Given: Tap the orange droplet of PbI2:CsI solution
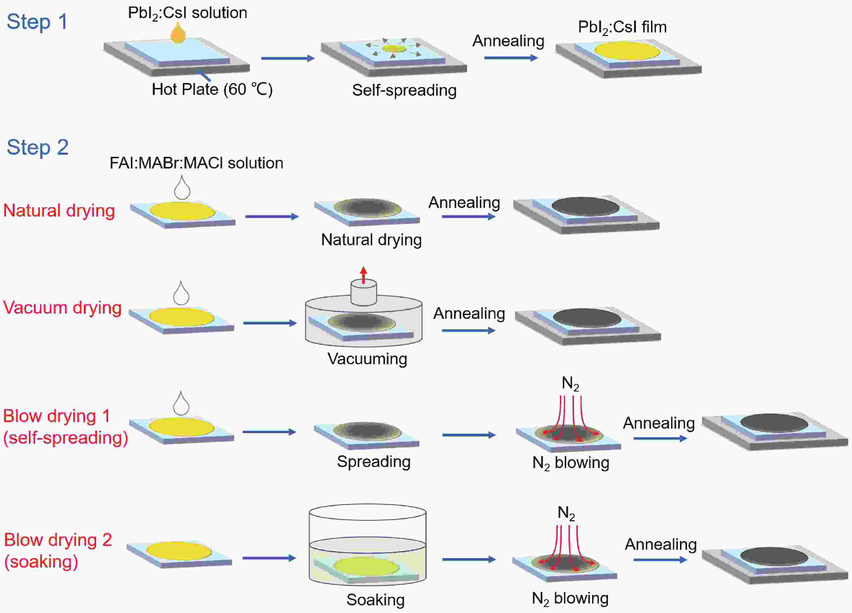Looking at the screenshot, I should [x=178, y=34].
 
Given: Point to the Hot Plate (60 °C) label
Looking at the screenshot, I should [x=212, y=90].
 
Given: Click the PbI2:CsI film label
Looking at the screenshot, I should [x=622, y=27].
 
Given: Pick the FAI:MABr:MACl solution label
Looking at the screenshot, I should [x=196, y=163].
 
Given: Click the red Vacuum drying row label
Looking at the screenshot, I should [x=62, y=308].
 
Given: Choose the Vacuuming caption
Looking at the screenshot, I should [x=367, y=359].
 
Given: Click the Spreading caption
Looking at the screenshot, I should [x=374, y=462].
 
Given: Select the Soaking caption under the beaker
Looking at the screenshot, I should [x=375, y=599].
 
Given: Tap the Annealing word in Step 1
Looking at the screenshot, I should [x=508, y=41].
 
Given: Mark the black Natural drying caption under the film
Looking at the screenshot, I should [x=371, y=240].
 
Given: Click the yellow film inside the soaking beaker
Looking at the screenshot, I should [x=366, y=566].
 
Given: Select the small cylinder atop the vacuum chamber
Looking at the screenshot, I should [x=363, y=292].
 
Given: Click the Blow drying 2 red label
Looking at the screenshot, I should [x=58, y=540].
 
